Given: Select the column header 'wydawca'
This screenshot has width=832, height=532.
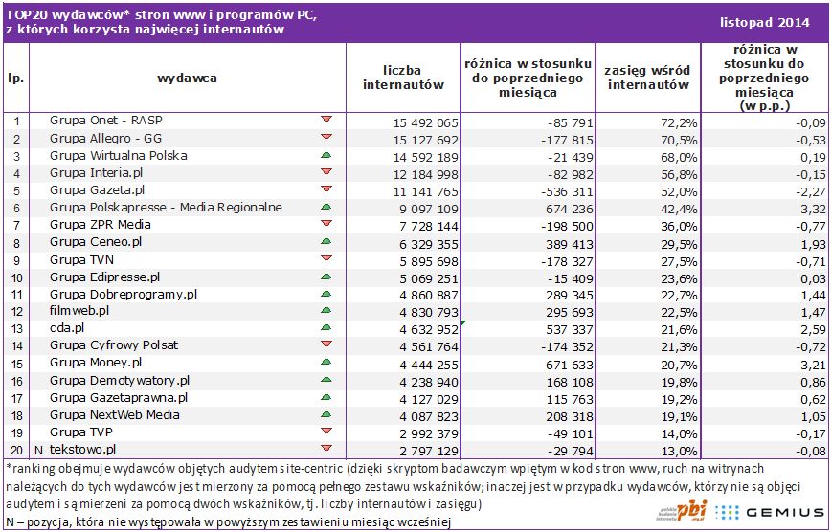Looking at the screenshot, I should (x=187, y=77).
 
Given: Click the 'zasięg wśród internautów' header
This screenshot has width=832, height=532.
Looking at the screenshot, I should (x=648, y=77).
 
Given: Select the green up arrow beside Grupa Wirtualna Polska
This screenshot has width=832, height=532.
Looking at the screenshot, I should (x=326, y=155).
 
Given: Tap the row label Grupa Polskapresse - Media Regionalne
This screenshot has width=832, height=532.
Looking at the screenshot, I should (x=166, y=207).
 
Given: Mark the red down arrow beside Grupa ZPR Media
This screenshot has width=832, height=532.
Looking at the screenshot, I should (x=326, y=224).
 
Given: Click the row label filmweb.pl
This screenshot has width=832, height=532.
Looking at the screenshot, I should (x=79, y=310).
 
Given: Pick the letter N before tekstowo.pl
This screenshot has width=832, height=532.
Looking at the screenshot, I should (x=38, y=449).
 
